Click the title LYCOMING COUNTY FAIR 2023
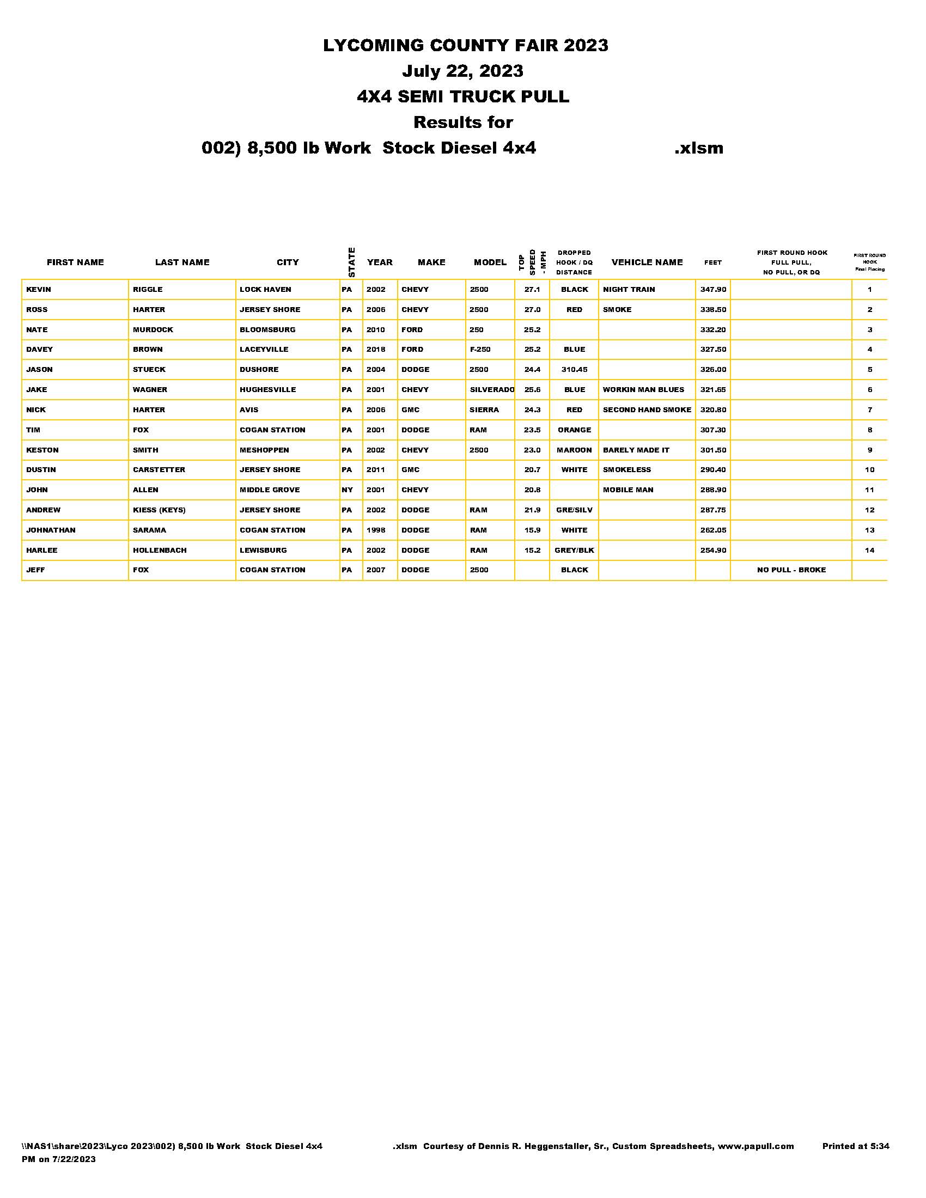[465, 45]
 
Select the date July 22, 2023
[462, 71]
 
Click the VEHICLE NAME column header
[647, 262]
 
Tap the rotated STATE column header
[352, 262]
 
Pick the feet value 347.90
[712, 290]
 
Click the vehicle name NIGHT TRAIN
[629, 290]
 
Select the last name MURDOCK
[153, 329]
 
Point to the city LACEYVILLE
[264, 350]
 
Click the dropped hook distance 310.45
[574, 370]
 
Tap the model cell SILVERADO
[491, 390]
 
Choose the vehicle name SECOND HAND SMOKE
[647, 409]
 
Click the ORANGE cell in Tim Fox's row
[574, 430]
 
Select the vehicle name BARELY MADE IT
[636, 450]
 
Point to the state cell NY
[348, 490]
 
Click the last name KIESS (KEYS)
[159, 510]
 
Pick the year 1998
[376, 530]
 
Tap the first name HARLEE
[42, 550]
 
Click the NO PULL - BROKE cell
[791, 570]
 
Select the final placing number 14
[869, 550]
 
